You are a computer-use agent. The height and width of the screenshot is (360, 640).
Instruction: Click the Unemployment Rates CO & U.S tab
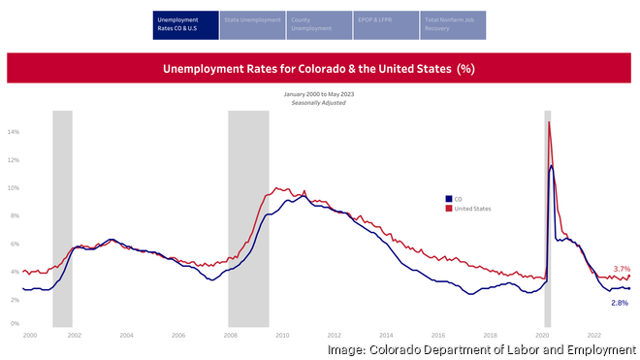pyautogui.click(x=185, y=25)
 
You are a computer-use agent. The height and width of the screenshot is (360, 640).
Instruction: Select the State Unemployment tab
pyautogui.click(x=252, y=25)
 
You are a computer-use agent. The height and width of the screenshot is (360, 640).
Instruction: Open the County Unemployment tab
pyautogui.click(x=319, y=25)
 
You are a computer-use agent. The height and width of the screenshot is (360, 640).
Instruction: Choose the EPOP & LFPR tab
pyautogui.click(x=386, y=25)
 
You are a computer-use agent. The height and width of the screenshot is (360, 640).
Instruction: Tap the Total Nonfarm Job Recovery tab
pyautogui.click(x=453, y=25)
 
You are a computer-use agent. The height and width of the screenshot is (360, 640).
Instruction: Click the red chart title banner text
pyautogui.click(x=318, y=69)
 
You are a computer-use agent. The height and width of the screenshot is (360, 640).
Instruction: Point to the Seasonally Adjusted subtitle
pyautogui.click(x=318, y=102)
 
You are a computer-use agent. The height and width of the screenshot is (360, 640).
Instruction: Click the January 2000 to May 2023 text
pyautogui.click(x=318, y=94)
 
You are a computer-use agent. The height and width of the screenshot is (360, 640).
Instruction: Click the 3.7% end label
pyautogui.click(x=622, y=269)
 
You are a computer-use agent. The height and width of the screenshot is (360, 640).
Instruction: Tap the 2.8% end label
pyautogui.click(x=619, y=303)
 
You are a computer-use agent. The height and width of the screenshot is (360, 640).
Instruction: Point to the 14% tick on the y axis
pyautogui.click(x=14, y=132)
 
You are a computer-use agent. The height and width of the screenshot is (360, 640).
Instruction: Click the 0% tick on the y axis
pyautogui.click(x=15, y=327)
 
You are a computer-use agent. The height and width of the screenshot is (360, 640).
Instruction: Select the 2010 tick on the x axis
pyautogui.click(x=281, y=335)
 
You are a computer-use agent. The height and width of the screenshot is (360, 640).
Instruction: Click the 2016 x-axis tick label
pyautogui.click(x=438, y=335)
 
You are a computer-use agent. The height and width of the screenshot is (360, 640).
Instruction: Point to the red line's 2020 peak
pyautogui.click(x=549, y=122)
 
